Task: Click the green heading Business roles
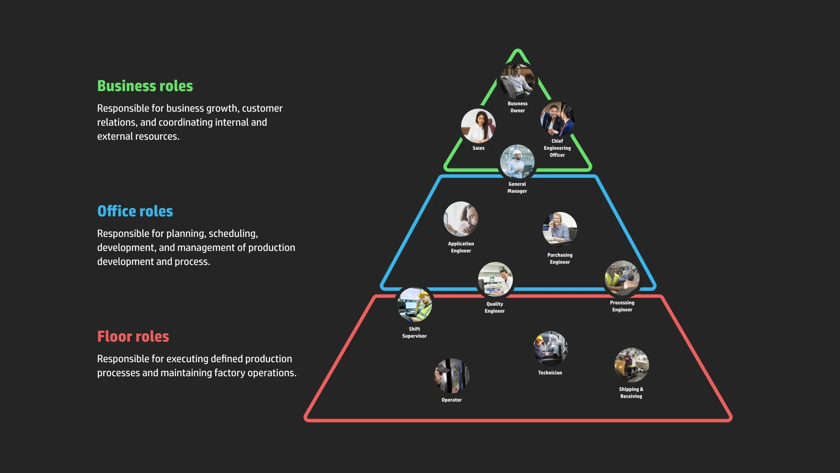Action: pos(145,86)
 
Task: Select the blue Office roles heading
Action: pos(135,211)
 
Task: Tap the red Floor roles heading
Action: pos(133,336)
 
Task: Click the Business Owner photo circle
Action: pos(518,81)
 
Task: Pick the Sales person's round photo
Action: pos(478,126)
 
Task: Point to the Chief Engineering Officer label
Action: pos(557,148)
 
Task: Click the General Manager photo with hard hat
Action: pos(517,162)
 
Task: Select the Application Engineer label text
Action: pos(461,247)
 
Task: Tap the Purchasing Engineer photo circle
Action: pos(560,229)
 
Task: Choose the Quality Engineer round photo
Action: pos(495,279)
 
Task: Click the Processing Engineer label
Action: pos(622,306)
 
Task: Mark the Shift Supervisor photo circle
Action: pos(414,305)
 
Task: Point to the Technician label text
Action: pos(550,373)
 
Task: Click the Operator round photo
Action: pos(451,376)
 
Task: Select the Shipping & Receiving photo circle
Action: pos(631,365)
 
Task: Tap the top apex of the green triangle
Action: pos(518,50)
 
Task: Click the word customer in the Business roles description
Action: pos(262,108)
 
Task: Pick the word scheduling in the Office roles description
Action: pos(233,234)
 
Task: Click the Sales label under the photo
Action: pos(478,148)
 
